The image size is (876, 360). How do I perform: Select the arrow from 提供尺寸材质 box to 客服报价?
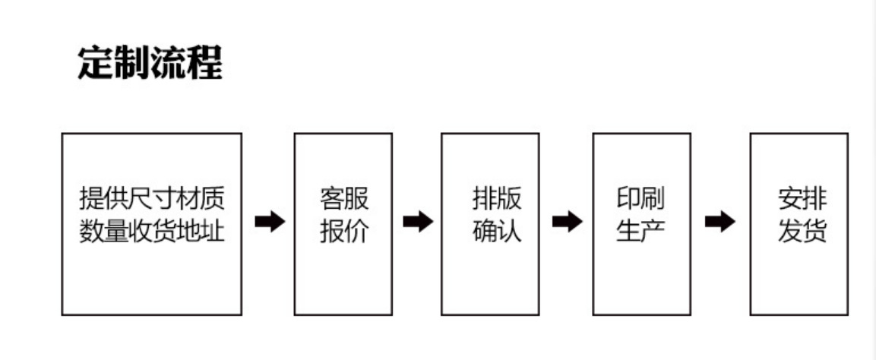point(269,222)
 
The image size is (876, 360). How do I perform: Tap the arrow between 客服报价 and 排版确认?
point(417,222)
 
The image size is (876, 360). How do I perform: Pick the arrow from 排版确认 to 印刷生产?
point(567,222)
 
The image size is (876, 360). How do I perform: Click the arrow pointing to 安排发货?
point(719,222)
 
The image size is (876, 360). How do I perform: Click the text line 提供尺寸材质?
point(152,200)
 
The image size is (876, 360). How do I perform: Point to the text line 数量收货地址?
point(152,231)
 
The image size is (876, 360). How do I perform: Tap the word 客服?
point(343,200)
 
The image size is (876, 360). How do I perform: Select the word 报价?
point(343,231)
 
